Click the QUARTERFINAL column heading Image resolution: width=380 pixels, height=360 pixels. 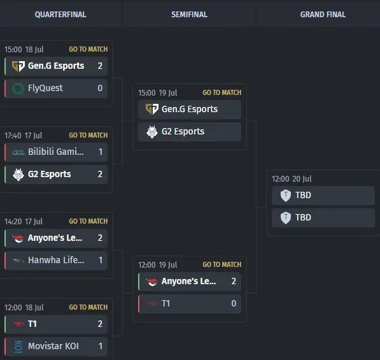[x=60, y=15]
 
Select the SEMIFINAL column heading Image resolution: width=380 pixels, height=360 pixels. [x=189, y=15]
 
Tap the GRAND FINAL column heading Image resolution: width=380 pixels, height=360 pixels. [x=323, y=15]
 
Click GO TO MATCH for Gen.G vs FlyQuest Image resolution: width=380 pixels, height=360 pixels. [x=88, y=49]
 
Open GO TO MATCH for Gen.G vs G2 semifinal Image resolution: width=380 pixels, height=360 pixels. [x=222, y=92]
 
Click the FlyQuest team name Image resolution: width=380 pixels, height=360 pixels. [x=45, y=88]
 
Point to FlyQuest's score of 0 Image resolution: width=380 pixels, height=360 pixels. [x=100, y=88]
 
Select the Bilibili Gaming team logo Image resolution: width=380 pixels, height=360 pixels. [x=18, y=152]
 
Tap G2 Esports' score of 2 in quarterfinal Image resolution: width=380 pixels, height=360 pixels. [x=100, y=174]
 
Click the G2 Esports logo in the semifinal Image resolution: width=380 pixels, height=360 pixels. [x=152, y=132]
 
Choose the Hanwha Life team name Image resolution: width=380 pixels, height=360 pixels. [x=56, y=260]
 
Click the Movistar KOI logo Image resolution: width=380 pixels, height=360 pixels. [x=18, y=347]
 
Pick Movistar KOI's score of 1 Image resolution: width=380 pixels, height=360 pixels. [x=101, y=346]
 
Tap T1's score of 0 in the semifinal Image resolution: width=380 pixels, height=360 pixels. [x=234, y=303]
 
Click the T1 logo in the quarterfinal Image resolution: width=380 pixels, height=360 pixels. [x=18, y=324]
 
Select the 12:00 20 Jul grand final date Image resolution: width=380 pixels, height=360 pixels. [x=292, y=179]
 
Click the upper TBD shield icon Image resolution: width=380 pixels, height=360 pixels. [x=286, y=195]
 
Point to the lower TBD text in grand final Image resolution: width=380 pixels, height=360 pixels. [x=303, y=217]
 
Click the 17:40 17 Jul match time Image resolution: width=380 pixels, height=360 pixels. [x=24, y=135]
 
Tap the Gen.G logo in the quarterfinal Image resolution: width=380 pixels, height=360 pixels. [x=18, y=66]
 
